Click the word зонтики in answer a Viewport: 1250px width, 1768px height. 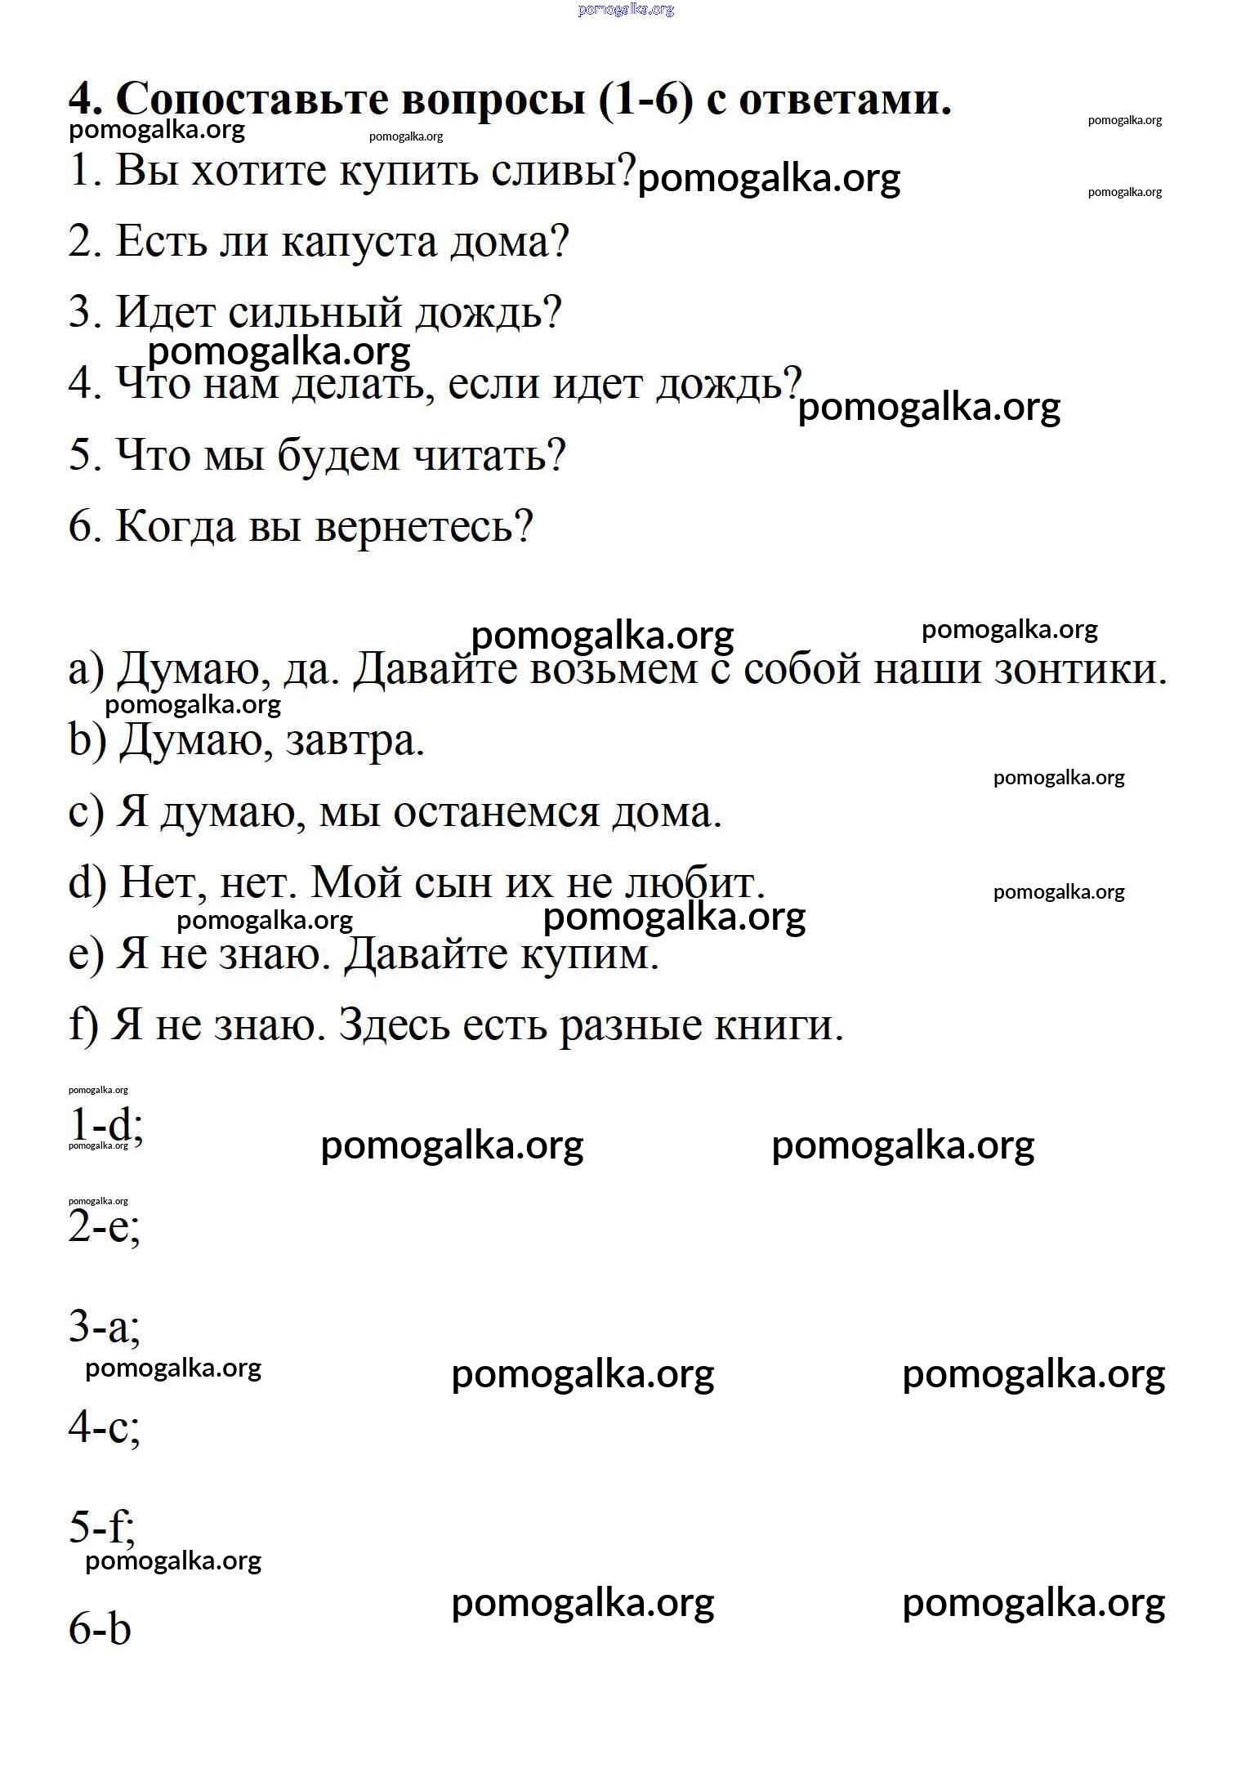pos(1081,669)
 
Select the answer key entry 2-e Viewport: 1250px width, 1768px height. pos(105,1226)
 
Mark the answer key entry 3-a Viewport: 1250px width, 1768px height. pos(105,1326)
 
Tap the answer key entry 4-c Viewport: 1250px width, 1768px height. pos(105,1426)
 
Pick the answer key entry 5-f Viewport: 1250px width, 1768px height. pos(102,1526)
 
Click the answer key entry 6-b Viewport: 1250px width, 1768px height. pos(100,1627)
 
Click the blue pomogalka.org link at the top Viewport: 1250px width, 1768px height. pos(626,10)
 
